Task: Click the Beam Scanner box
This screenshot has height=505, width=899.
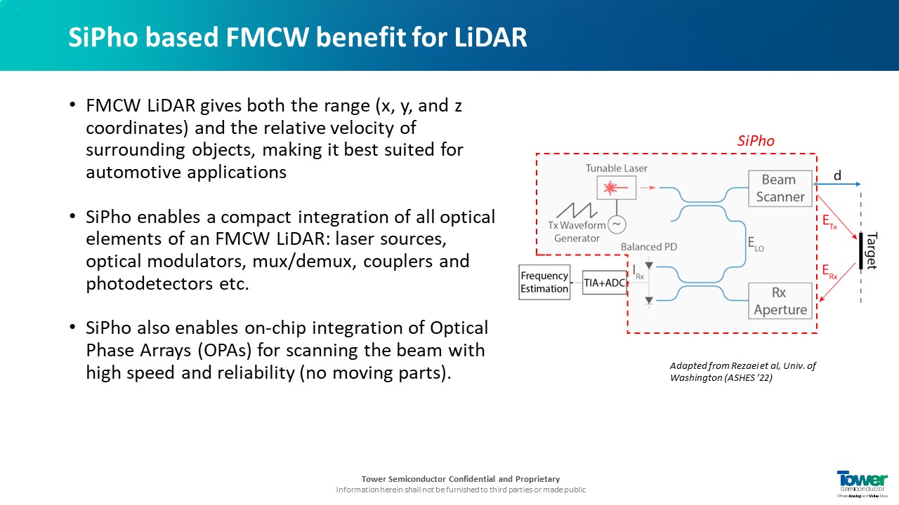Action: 780,188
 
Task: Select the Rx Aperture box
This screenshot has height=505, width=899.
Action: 780,300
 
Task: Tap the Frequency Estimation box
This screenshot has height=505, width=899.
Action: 544,282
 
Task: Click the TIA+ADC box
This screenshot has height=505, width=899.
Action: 604,283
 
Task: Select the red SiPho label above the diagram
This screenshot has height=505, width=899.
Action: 756,141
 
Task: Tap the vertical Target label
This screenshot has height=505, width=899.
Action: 871,250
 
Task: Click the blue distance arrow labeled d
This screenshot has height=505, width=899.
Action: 836,184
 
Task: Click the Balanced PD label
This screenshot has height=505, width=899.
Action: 648,247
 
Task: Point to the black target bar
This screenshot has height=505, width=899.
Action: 860,250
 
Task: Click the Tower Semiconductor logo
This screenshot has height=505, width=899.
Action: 862,483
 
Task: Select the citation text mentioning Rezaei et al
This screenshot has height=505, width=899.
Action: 742,372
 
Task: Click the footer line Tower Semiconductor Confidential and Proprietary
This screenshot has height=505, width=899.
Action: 460,479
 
